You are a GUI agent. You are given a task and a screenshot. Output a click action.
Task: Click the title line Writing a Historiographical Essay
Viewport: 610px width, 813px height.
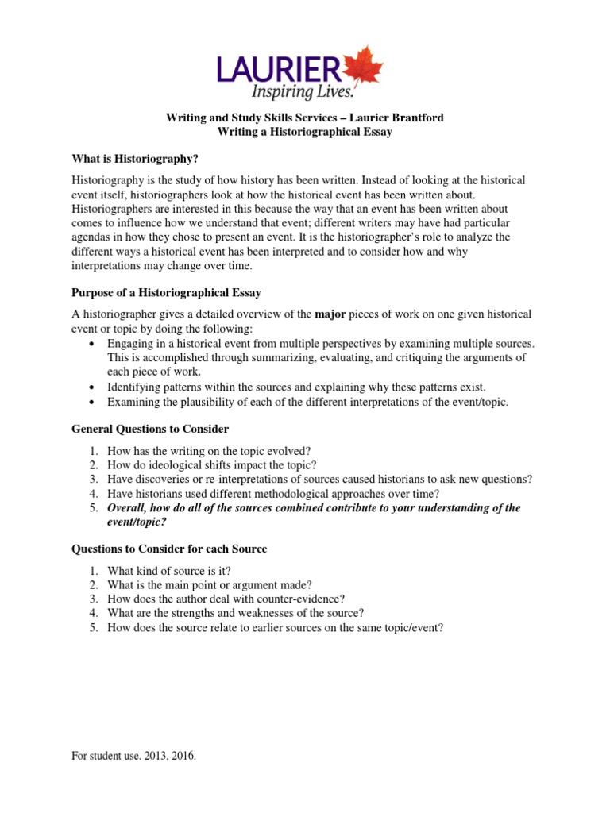[304, 132]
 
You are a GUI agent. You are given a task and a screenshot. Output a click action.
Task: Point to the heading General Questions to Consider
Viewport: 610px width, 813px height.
[150, 429]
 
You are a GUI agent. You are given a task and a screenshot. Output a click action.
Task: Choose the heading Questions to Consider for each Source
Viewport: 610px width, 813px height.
[169, 549]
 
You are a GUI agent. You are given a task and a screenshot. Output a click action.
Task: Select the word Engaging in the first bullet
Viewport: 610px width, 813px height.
[132, 343]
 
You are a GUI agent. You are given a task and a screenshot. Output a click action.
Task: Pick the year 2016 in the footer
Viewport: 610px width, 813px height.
[181, 757]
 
